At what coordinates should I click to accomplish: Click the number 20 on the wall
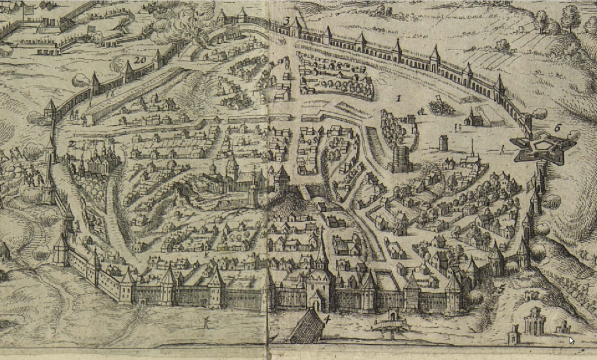tap(139, 60)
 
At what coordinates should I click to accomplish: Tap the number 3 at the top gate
tap(287, 22)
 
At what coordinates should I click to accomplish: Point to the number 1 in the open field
tap(399, 98)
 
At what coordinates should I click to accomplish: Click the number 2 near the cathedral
tap(71, 144)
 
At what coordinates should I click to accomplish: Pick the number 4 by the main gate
tap(327, 319)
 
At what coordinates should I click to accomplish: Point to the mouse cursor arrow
tap(571, 340)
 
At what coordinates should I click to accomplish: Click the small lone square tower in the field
tap(443, 142)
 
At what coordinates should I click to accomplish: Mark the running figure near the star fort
tap(502, 149)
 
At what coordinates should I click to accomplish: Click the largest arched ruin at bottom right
tap(533, 321)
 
